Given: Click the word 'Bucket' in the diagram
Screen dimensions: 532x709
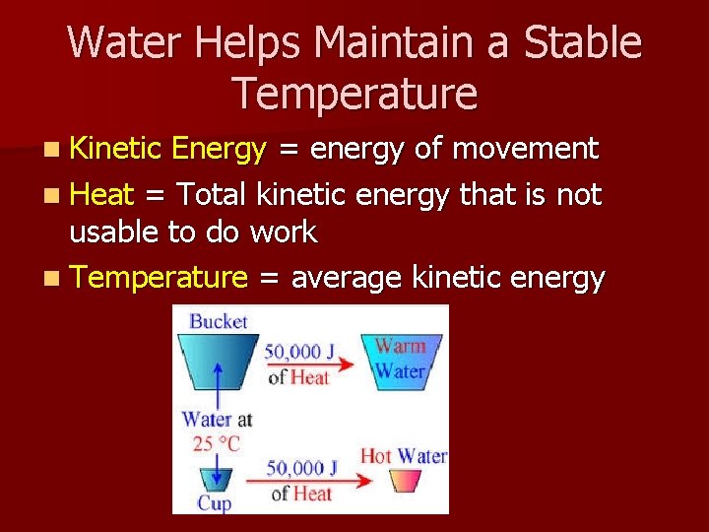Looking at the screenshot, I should [x=218, y=320].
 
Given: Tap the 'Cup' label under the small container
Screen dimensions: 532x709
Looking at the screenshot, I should [x=214, y=503].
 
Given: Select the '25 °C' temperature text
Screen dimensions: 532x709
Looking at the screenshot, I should [x=217, y=442].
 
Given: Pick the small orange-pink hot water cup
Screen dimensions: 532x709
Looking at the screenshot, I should [x=406, y=480].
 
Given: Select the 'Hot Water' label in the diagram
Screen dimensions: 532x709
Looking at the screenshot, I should [x=403, y=456].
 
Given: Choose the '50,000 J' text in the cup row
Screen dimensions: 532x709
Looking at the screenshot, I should [x=300, y=466].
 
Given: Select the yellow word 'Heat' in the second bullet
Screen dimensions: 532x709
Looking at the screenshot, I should [x=102, y=195].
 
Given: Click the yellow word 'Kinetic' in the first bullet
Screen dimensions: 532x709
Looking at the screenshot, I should [x=116, y=149].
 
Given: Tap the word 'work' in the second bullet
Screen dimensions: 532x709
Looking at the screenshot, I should [x=284, y=233].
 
